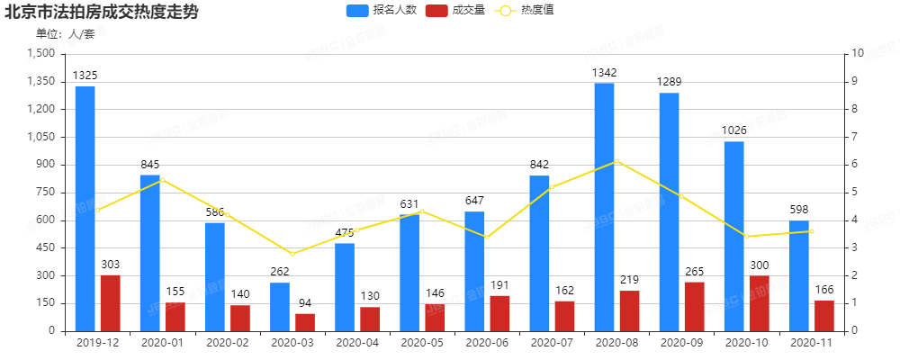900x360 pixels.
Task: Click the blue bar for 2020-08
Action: [x=604, y=207]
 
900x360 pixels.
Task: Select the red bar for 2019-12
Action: [x=110, y=302]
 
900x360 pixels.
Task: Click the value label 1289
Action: [x=669, y=82]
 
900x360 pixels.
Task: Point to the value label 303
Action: [x=110, y=264]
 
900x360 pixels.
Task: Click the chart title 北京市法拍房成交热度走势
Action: [x=102, y=12]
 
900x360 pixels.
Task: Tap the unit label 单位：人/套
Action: [x=65, y=34]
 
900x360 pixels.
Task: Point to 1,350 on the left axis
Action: [x=41, y=82]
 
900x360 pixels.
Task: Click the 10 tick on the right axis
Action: [x=858, y=54]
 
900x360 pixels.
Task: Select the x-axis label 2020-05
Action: [x=422, y=343]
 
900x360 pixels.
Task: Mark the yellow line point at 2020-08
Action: [x=616, y=161]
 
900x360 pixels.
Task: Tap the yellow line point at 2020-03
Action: [x=292, y=254]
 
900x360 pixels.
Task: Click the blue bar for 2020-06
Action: [x=474, y=271]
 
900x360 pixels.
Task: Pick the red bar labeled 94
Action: [x=305, y=322]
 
